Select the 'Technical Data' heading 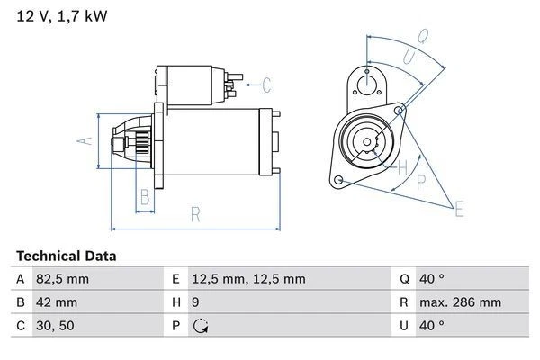tap(66, 256)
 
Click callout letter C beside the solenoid tap(266, 86)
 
